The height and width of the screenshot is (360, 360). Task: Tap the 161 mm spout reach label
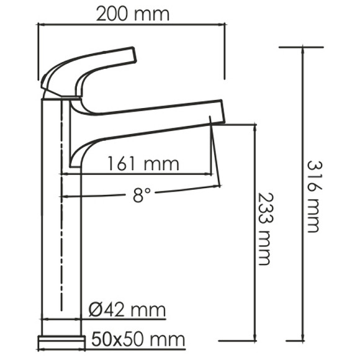tap(142, 164)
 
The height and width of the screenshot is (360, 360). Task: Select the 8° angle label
tap(142, 196)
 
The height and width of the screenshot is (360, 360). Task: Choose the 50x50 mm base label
tap(138, 340)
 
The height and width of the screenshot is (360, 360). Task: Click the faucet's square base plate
tap(61, 340)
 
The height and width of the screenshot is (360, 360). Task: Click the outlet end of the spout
tap(215, 121)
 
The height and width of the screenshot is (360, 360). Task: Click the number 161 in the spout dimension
tap(123, 164)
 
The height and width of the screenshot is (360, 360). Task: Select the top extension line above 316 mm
tap(301, 47)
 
